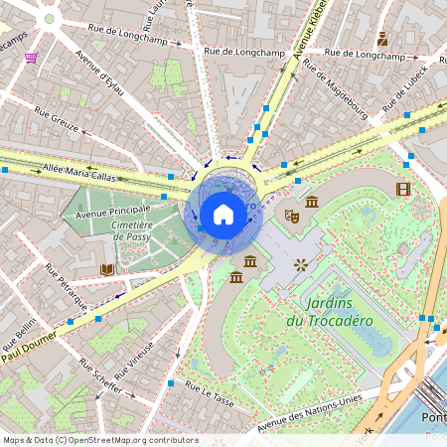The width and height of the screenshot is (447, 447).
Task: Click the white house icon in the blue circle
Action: click(x=223, y=214)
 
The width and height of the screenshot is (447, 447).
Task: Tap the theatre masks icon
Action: click(x=292, y=214)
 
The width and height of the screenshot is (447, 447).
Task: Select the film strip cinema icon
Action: click(x=402, y=189)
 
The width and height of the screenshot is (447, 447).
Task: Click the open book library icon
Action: click(x=107, y=269)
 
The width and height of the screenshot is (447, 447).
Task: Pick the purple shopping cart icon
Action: click(x=31, y=58)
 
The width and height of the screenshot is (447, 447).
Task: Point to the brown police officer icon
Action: click(x=382, y=39)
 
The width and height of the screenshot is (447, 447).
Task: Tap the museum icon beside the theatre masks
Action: click(x=312, y=203)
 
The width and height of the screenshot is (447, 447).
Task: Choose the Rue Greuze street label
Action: click(x=58, y=126)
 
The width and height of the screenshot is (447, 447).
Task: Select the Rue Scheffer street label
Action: click(x=100, y=379)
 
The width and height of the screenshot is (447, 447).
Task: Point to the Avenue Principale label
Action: click(x=113, y=210)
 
